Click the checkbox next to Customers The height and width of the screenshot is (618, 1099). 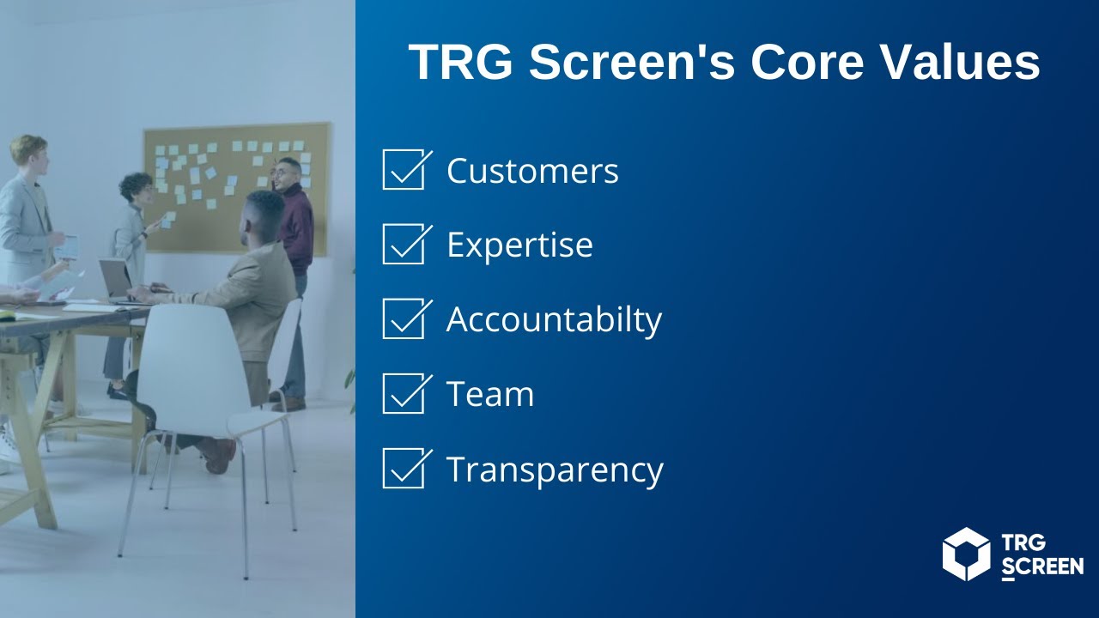(x=403, y=169)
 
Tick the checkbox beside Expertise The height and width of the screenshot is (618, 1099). (x=403, y=244)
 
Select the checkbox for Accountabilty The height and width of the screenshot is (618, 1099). (x=403, y=318)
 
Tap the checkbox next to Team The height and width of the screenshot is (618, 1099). (x=403, y=393)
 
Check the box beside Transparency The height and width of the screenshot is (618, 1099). (x=403, y=468)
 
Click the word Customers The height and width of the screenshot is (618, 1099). (x=532, y=171)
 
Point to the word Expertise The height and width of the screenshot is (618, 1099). (x=519, y=245)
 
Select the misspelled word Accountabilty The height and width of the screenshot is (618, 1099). (x=554, y=320)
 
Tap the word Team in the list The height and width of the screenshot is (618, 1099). (x=490, y=395)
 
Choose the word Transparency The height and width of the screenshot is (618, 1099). (x=555, y=470)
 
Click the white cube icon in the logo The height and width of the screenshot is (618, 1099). (x=966, y=554)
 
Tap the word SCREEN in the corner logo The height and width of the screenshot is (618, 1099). (x=1042, y=566)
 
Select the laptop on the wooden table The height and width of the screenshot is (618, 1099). (x=116, y=279)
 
